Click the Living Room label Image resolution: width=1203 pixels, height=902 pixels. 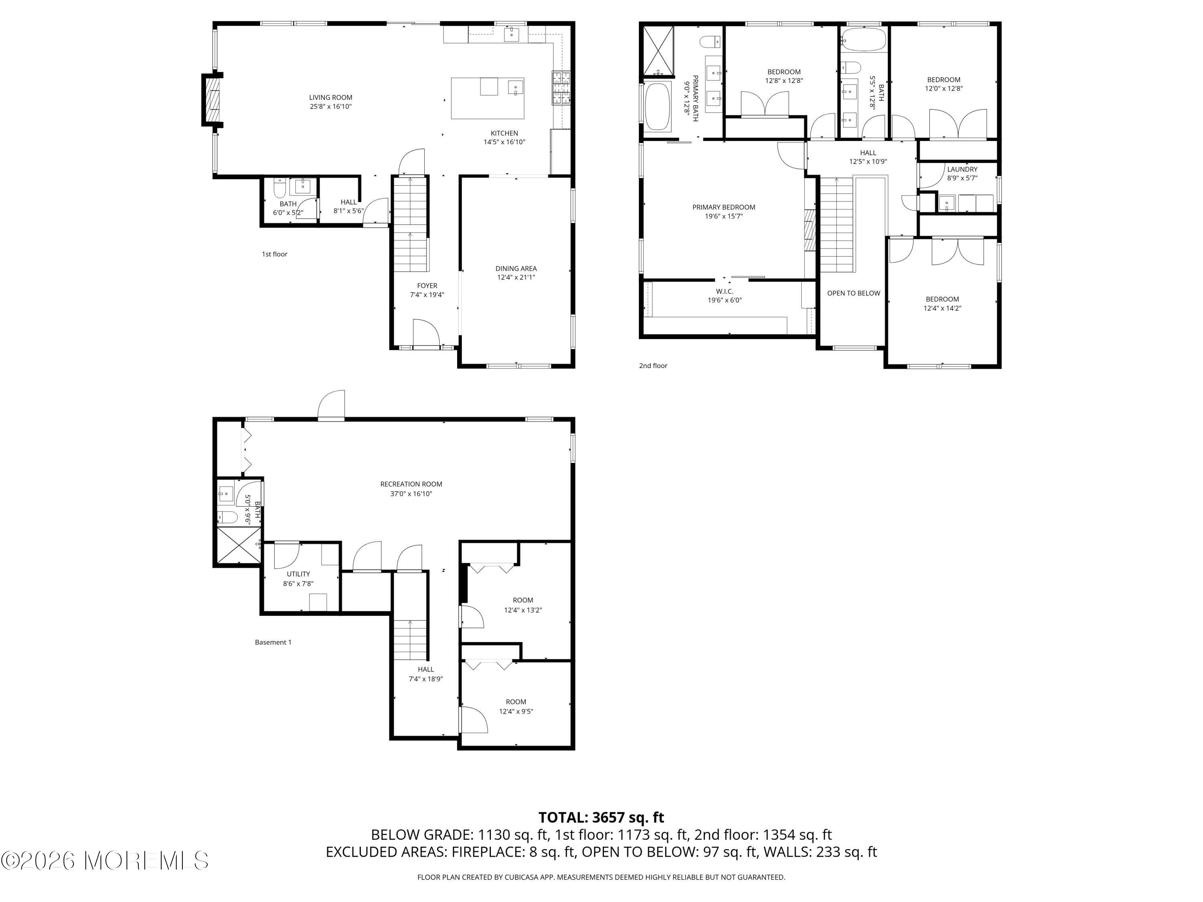[331, 98]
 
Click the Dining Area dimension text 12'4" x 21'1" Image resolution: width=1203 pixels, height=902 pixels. [516, 277]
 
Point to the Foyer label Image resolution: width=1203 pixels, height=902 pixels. [427, 285]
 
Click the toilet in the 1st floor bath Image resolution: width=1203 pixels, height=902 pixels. [280, 188]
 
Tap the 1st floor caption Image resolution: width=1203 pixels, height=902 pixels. [275, 254]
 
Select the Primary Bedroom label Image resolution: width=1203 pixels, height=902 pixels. [724, 207]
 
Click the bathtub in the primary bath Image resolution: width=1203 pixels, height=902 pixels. [658, 107]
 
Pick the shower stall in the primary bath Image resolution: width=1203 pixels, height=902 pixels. [658, 51]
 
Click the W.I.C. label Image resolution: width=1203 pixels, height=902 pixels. [725, 291]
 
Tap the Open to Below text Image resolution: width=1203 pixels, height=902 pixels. [853, 293]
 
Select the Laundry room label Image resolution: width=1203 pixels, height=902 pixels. [962, 169]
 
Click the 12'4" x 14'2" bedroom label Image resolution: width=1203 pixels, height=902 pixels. [942, 308]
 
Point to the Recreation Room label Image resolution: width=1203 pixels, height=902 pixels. [411, 484]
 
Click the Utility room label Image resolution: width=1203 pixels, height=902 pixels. [299, 574]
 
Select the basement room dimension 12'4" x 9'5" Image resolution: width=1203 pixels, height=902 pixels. [516, 711]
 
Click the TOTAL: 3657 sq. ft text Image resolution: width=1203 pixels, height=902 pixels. [601, 817]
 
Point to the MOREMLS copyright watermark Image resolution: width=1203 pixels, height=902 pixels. [104, 860]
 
